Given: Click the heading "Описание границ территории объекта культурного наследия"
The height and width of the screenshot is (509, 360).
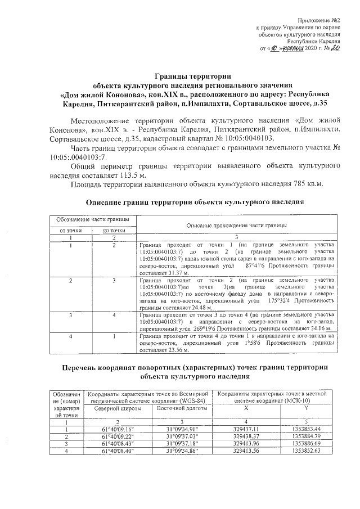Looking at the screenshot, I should (x=194, y=202).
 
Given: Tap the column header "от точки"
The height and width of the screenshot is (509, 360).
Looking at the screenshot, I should (x=71, y=230).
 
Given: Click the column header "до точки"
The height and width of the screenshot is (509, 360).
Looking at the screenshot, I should (x=114, y=230).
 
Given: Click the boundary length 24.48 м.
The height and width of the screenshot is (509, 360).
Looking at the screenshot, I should (x=173, y=308).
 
